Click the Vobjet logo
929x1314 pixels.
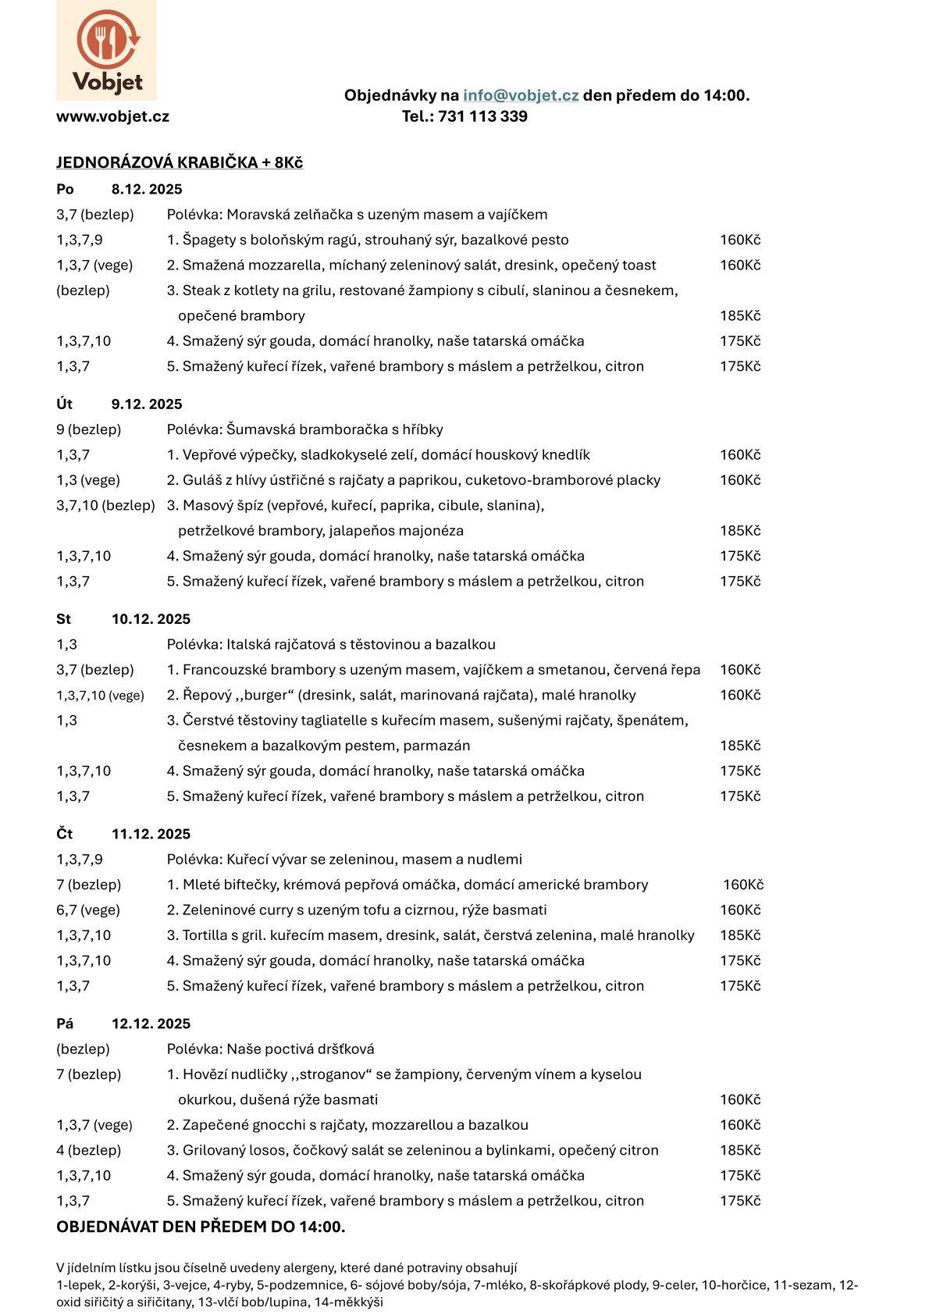tap(106, 50)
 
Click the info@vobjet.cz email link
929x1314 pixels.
tap(521, 95)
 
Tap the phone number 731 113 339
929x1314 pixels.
tap(482, 116)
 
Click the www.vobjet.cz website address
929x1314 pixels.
tap(112, 116)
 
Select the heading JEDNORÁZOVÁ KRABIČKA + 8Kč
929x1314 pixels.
tap(180, 162)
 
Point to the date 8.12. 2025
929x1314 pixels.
tap(147, 189)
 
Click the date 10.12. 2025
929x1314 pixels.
tap(151, 619)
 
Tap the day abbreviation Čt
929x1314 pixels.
tap(64, 834)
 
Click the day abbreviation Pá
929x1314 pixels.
tap(65, 1024)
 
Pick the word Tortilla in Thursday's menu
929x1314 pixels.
tap(208, 935)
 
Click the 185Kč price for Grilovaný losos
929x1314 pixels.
tap(739, 1150)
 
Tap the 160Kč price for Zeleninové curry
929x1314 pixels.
tap(739, 910)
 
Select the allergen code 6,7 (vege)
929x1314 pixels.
tap(88, 910)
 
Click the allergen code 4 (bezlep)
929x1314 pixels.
tap(88, 1150)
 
